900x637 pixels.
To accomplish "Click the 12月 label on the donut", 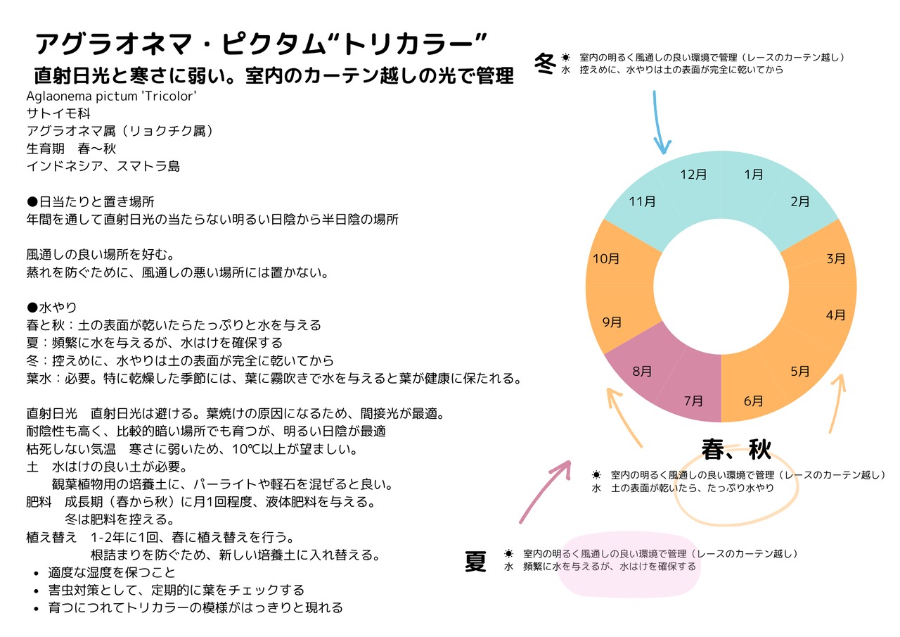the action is coord(693,175).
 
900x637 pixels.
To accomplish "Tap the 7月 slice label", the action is coord(693,401).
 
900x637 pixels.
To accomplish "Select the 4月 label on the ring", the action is coord(836,315).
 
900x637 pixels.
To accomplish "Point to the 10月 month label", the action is coord(606,259).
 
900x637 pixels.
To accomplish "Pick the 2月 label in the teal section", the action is coord(800,202).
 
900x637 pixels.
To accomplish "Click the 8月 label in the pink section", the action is coord(642,371).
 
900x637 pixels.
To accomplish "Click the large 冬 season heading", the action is coord(545,63).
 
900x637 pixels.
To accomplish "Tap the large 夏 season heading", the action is coord(475,562).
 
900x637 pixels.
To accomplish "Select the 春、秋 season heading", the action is coord(736,448).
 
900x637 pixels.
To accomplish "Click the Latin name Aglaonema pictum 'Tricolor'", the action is coord(110,96).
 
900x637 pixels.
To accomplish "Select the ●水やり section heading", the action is coord(51,308).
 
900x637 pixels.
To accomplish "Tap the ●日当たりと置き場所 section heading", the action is coord(90,202).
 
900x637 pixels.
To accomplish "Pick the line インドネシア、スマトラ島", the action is coord(103,167).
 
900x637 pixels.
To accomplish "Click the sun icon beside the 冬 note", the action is coord(565,57).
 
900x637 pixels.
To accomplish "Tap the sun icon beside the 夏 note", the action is coord(508,554).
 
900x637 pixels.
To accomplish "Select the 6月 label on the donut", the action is coord(753,401).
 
